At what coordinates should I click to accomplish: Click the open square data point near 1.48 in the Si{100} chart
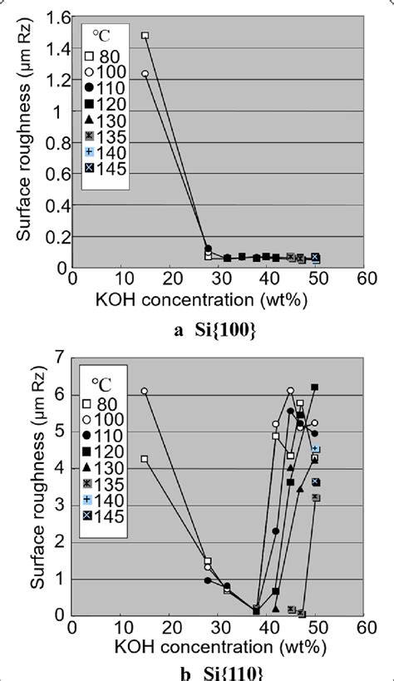pyautogui.click(x=145, y=36)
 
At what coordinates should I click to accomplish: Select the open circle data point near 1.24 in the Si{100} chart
pyautogui.click(x=145, y=73)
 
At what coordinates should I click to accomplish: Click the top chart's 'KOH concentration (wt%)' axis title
pyautogui.click(x=218, y=299)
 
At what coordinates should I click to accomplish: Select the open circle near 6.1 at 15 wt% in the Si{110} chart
pyautogui.click(x=145, y=391)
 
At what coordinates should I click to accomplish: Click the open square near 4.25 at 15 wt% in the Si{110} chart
pyautogui.click(x=145, y=459)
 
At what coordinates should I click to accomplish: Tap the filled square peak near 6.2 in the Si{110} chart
pyautogui.click(x=315, y=387)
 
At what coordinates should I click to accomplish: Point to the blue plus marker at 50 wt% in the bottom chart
pyautogui.click(x=315, y=449)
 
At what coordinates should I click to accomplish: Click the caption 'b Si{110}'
pyautogui.click(x=217, y=670)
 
